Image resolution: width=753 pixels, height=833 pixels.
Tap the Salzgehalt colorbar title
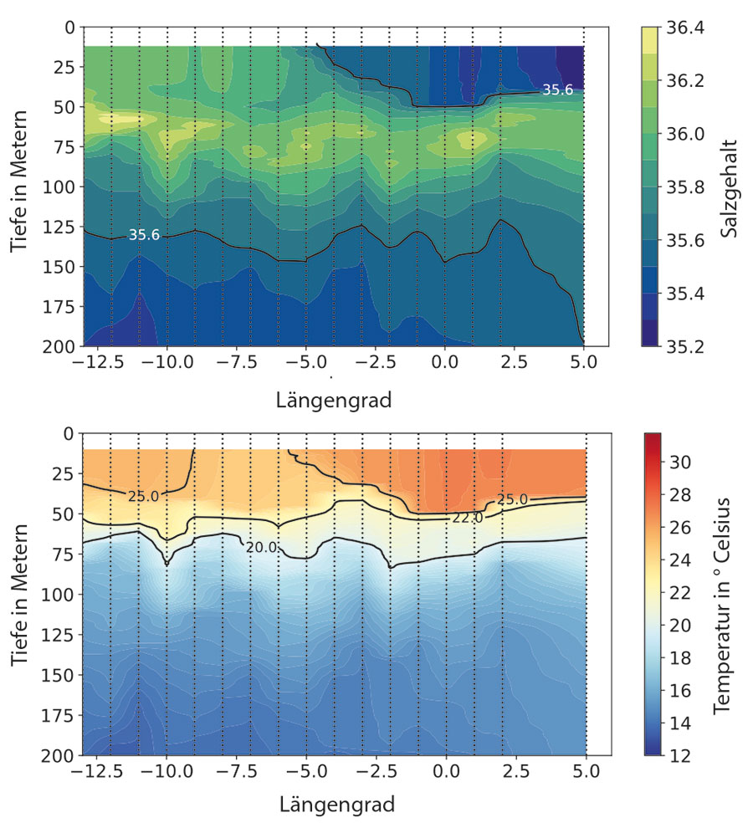(730, 187)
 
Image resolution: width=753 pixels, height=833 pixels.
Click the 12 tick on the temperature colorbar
(680, 756)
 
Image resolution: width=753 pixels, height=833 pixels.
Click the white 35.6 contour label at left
(144, 235)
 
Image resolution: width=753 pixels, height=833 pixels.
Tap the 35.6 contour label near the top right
(557, 89)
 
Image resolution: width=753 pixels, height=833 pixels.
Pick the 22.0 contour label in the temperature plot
(468, 518)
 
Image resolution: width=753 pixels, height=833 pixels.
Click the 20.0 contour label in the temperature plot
(261, 547)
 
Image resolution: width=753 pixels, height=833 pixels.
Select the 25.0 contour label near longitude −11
(144, 496)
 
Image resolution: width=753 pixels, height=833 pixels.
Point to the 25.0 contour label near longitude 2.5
(513, 499)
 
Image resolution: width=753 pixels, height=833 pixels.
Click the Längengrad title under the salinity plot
(333, 401)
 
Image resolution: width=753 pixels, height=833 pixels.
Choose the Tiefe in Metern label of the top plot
(23, 181)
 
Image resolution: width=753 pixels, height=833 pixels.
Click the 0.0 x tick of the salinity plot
(444, 365)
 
